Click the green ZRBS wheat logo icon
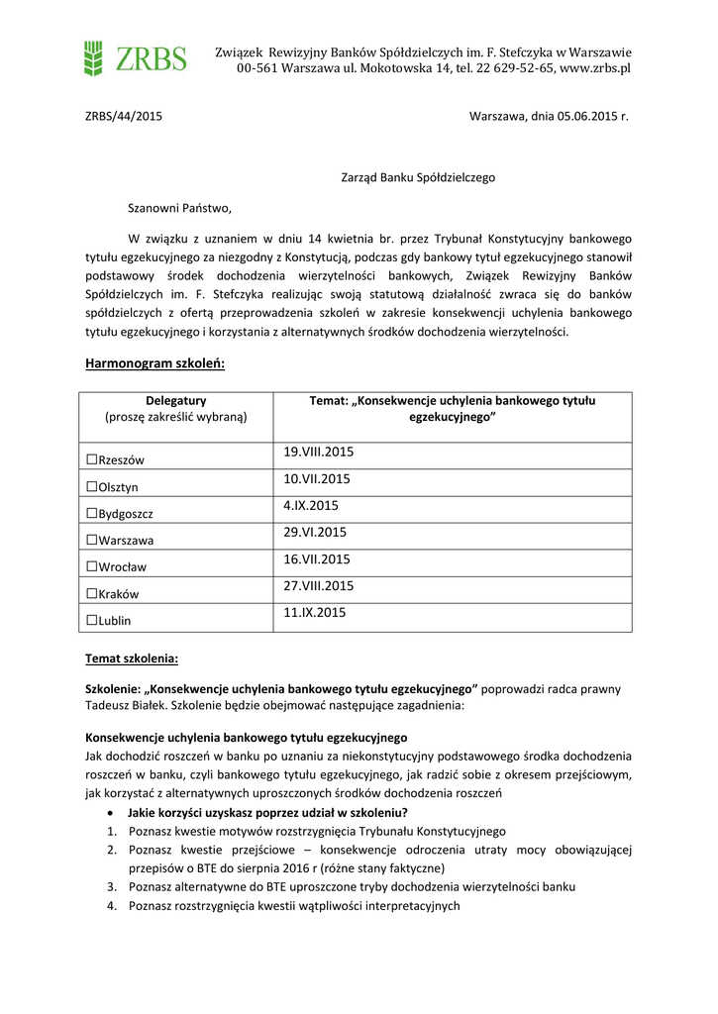point(93,58)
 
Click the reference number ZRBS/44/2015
point(124,116)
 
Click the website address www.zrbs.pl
point(595,68)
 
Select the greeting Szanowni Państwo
point(179,208)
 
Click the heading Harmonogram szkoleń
point(155,364)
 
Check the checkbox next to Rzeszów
point(91,459)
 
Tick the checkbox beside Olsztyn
point(91,486)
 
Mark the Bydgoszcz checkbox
point(91,513)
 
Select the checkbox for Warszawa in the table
point(91,540)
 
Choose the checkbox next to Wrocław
point(91,566)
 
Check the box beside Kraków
point(91,593)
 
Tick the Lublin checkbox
point(91,620)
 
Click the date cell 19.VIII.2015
point(318,453)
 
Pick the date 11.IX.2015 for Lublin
point(314,613)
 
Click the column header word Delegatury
point(175,401)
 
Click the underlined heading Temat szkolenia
point(132,659)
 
